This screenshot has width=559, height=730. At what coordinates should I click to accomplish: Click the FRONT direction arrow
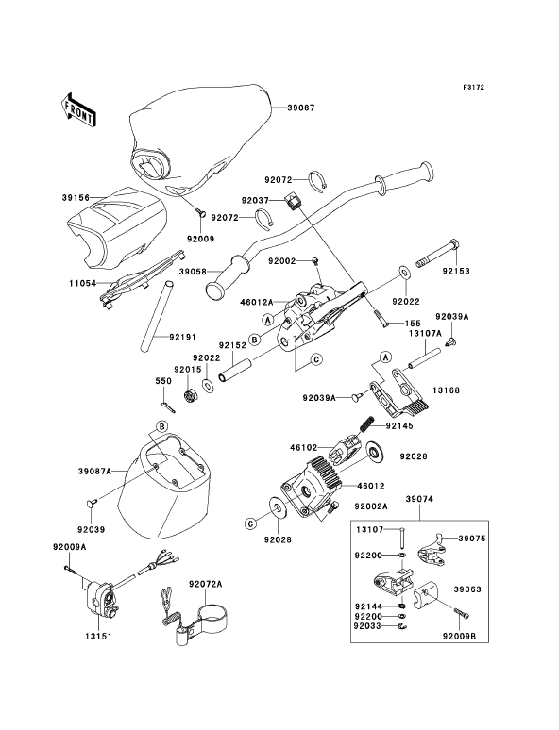[78, 109]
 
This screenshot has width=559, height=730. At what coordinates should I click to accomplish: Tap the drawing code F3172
[474, 87]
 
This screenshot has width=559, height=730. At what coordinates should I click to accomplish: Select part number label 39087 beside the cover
[301, 108]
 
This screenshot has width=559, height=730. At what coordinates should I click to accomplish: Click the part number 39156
[76, 197]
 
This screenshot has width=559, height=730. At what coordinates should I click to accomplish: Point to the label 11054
[83, 283]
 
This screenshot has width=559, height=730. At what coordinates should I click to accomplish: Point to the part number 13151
[98, 636]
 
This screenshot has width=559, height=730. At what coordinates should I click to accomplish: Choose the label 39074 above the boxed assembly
[419, 499]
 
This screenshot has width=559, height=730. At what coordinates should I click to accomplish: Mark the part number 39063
[467, 589]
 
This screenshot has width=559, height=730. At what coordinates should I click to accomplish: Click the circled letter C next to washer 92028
[250, 524]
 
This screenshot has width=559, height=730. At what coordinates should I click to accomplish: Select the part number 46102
[304, 447]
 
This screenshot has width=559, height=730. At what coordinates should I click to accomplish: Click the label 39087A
[94, 472]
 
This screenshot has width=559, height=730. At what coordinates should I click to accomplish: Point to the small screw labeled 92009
[201, 214]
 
